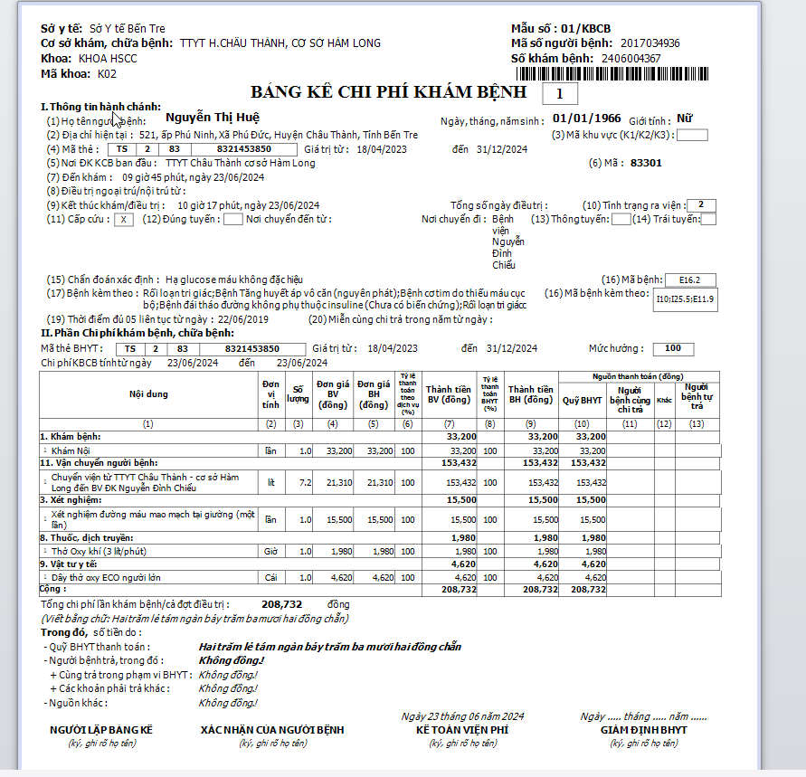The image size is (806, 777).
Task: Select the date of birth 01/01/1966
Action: pyautogui.click(x=587, y=118)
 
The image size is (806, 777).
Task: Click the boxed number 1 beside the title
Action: pyautogui.click(x=559, y=92)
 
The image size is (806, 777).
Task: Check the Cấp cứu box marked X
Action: pyautogui.click(x=125, y=219)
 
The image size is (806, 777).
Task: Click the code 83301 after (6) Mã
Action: pyautogui.click(x=646, y=163)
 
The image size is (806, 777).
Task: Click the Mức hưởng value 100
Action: pyautogui.click(x=673, y=348)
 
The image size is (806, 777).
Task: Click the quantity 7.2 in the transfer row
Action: pyautogui.click(x=305, y=482)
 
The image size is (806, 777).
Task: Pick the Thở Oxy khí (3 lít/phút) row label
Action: pyautogui.click(x=99, y=551)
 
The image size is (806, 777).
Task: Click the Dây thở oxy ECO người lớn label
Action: pyautogui.click(x=107, y=576)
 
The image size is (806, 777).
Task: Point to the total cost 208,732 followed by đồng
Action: pyautogui.click(x=281, y=603)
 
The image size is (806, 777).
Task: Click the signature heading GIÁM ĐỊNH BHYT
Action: pyautogui.click(x=643, y=730)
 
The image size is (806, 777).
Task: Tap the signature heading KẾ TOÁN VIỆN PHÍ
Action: pyautogui.click(x=462, y=730)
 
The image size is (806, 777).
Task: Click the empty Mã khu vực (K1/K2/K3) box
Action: pyautogui.click(x=692, y=136)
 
